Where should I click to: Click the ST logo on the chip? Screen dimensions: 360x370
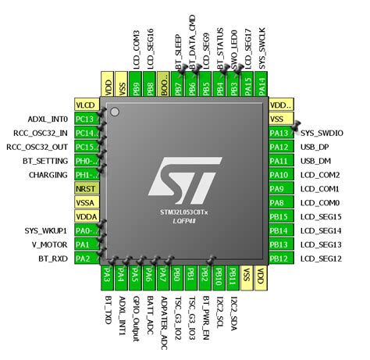click(x=185, y=178)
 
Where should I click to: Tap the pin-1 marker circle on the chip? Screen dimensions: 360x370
click(x=115, y=114)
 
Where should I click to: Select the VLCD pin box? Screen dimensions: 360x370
click(x=85, y=104)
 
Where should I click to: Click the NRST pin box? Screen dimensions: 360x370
click(x=85, y=188)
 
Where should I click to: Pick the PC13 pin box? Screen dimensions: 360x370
click(x=85, y=118)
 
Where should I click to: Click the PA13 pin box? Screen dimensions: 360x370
click(x=279, y=132)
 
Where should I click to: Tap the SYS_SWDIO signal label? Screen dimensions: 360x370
click(x=322, y=132)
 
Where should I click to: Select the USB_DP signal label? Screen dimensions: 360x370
click(x=315, y=146)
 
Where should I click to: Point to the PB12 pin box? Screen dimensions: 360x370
click(x=279, y=258)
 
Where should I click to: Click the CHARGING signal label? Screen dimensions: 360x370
click(x=48, y=174)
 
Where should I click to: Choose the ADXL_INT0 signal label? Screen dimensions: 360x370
click(x=48, y=118)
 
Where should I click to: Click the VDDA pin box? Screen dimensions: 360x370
click(x=85, y=216)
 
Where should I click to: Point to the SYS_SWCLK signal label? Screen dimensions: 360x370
click(x=261, y=47)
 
